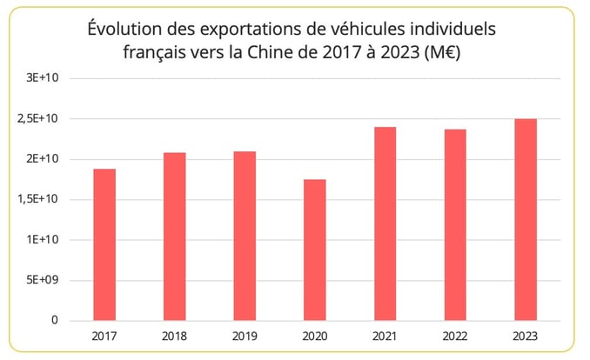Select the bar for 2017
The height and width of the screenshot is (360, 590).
click(x=104, y=244)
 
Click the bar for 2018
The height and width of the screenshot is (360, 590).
click(x=174, y=237)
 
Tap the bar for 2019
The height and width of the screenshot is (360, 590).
click(x=245, y=236)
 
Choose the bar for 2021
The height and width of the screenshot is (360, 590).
click(x=385, y=223)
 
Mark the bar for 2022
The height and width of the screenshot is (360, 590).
click(x=454, y=224)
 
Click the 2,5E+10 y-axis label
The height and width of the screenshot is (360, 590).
click(x=39, y=119)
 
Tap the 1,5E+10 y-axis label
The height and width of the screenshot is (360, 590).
click(x=39, y=199)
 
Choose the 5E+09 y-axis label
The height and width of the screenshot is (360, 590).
click(x=42, y=280)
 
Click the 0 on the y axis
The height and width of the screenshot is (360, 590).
click(x=54, y=321)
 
